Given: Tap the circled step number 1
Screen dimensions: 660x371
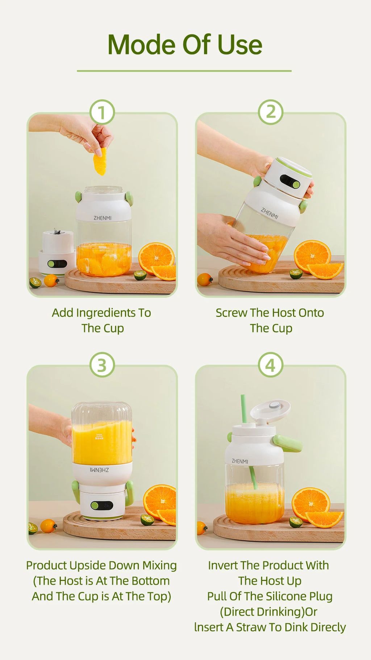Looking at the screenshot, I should [x=102, y=112].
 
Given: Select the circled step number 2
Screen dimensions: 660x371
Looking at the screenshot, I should [x=271, y=112].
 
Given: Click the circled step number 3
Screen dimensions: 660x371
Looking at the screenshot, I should [x=102, y=365].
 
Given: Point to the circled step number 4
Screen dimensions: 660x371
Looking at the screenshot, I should [x=271, y=365].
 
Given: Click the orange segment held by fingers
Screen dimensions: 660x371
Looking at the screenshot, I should [x=100, y=162].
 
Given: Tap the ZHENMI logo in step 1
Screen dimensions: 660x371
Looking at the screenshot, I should [x=103, y=218].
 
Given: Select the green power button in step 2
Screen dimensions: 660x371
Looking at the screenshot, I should [x=296, y=185].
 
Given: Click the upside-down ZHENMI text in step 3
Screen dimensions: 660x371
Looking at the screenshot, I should [x=99, y=470].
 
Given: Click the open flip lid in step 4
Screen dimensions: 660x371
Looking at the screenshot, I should [x=271, y=409].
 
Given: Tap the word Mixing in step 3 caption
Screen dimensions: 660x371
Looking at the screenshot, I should [x=159, y=565].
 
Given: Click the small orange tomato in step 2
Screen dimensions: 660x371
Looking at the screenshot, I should [x=205, y=280].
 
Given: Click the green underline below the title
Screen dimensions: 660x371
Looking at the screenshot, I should [x=184, y=71].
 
